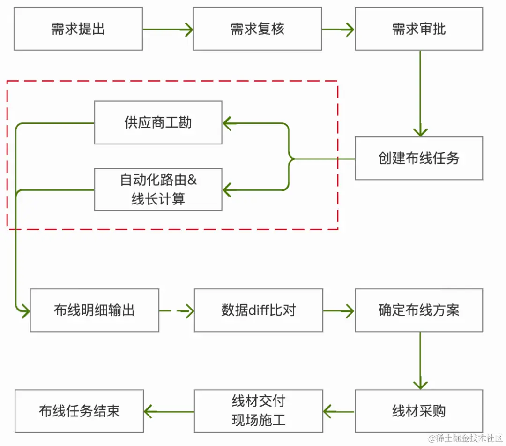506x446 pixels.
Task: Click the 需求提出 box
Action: click(x=78, y=29)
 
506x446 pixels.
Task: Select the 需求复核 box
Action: click(x=257, y=29)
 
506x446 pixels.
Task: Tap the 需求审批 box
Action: click(x=419, y=29)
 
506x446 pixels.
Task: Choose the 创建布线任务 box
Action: click(x=419, y=159)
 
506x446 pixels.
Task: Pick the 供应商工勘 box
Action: click(x=158, y=123)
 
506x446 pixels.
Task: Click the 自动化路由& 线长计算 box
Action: click(x=158, y=189)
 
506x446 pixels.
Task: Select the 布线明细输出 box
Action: click(x=95, y=310)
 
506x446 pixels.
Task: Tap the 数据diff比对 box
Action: click(x=258, y=310)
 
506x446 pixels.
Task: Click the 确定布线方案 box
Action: click(x=419, y=310)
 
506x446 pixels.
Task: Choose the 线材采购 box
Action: click(x=419, y=411)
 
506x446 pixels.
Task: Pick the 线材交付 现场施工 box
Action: click(x=258, y=411)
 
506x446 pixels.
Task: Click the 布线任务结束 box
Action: click(x=79, y=411)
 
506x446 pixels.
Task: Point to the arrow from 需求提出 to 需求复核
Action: click(x=168, y=30)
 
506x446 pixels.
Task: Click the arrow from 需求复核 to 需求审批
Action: click(x=338, y=30)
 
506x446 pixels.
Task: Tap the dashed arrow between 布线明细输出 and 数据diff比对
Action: click(x=177, y=310)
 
